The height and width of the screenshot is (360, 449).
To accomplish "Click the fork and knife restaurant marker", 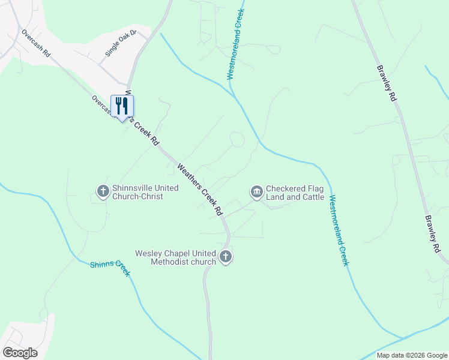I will tap(122, 106).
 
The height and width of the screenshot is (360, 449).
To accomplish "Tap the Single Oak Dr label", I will tap(121, 42).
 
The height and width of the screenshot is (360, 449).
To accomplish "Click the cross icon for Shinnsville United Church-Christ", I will tap(103, 191).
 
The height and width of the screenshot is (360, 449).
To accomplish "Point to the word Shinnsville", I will tap(134, 188).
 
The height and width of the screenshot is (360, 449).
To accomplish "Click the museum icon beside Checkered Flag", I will tap(256, 191).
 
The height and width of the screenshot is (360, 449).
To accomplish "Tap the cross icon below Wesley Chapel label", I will tap(226, 257).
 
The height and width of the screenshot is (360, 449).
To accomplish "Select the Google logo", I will tap(20, 353).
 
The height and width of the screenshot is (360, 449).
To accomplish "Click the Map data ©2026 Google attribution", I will tap(412, 355).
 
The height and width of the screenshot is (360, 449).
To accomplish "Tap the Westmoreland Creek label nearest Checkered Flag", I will tap(339, 230).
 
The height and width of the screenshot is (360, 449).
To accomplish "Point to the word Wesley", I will tap(148, 253).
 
